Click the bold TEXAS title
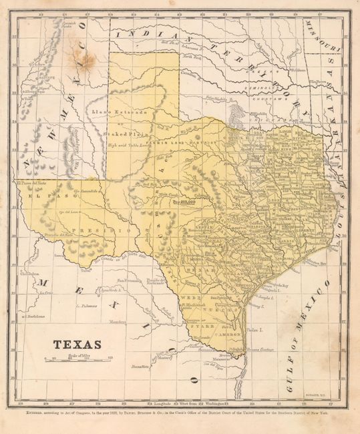click(73, 345)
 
